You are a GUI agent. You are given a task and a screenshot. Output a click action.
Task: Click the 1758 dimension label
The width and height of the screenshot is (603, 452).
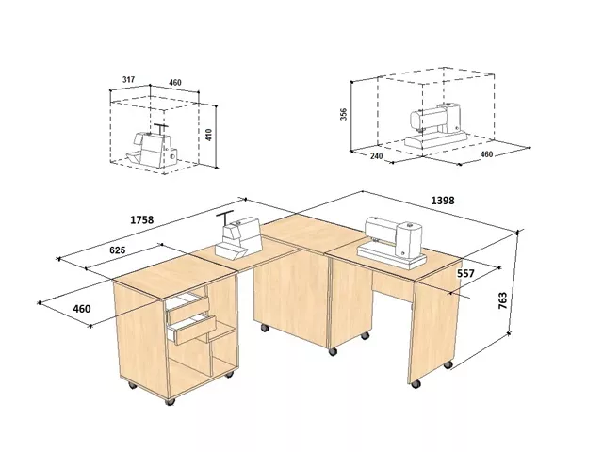tap(142, 219)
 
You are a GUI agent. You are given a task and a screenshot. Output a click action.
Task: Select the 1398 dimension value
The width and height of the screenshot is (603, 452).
tap(443, 201)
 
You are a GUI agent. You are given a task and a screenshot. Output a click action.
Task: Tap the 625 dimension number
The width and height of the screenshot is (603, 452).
tap(117, 250)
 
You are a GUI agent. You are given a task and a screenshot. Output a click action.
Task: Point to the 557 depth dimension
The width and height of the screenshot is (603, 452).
tap(465, 273)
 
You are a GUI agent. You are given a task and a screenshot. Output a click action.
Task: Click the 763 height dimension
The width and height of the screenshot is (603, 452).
tap(502, 300)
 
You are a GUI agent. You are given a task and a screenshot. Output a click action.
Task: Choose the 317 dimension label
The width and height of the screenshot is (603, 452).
tap(128, 79)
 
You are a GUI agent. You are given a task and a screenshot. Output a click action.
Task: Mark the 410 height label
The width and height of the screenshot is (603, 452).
tap(209, 135)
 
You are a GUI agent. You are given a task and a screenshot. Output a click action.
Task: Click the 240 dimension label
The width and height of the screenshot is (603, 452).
tap(377, 156)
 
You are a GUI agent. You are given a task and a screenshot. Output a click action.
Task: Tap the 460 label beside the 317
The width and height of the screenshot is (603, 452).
tap(174, 82)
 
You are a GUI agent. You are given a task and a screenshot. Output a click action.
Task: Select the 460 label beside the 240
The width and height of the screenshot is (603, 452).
tap(486, 154)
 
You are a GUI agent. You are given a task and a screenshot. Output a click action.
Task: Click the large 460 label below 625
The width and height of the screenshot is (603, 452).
tap(82, 309)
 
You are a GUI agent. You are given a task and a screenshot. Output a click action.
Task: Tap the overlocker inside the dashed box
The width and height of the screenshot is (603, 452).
tap(153, 147)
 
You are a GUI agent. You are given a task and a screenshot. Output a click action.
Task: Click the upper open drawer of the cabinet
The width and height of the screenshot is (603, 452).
tap(188, 307)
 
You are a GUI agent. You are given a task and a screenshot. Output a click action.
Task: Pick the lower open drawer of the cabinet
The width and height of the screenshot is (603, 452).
tap(193, 329)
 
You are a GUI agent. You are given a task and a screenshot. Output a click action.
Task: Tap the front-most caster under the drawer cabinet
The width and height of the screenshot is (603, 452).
tap(170, 401)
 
